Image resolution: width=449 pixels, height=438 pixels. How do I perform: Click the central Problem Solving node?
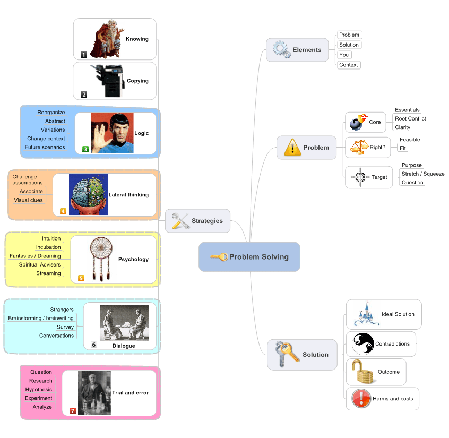pyautogui.click(x=249, y=257)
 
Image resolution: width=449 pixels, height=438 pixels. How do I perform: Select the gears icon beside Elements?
pyautogui.click(x=281, y=50)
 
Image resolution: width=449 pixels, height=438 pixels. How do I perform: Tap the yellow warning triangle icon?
pyautogui.click(x=292, y=147)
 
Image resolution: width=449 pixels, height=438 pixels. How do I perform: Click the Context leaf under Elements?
pyautogui.click(x=349, y=65)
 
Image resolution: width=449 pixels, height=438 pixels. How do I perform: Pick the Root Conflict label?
pyautogui.click(x=410, y=118)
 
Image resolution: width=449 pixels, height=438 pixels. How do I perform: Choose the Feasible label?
pyautogui.click(x=410, y=140)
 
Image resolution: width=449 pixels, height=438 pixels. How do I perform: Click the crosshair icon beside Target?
pyautogui.click(x=360, y=177)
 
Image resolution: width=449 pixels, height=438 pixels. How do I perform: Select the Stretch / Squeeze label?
pyautogui.click(x=423, y=174)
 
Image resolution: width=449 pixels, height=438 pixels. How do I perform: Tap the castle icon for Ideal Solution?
pyautogui.click(x=364, y=314)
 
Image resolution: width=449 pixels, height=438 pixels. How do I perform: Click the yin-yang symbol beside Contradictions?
pyautogui.click(x=363, y=343)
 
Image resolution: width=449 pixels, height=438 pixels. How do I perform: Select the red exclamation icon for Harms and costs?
pyautogui.click(x=361, y=398)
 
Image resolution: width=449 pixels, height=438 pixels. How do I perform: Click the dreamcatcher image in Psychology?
pyautogui.click(x=101, y=259)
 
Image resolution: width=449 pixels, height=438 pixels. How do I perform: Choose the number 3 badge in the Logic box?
pyautogui.click(x=85, y=150)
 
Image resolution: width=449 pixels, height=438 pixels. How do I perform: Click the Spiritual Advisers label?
pyautogui.click(x=40, y=264)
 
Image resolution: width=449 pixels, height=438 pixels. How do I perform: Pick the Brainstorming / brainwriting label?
pyautogui.click(x=41, y=318)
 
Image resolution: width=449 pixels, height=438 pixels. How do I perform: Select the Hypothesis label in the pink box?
pyautogui.click(x=39, y=389)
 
